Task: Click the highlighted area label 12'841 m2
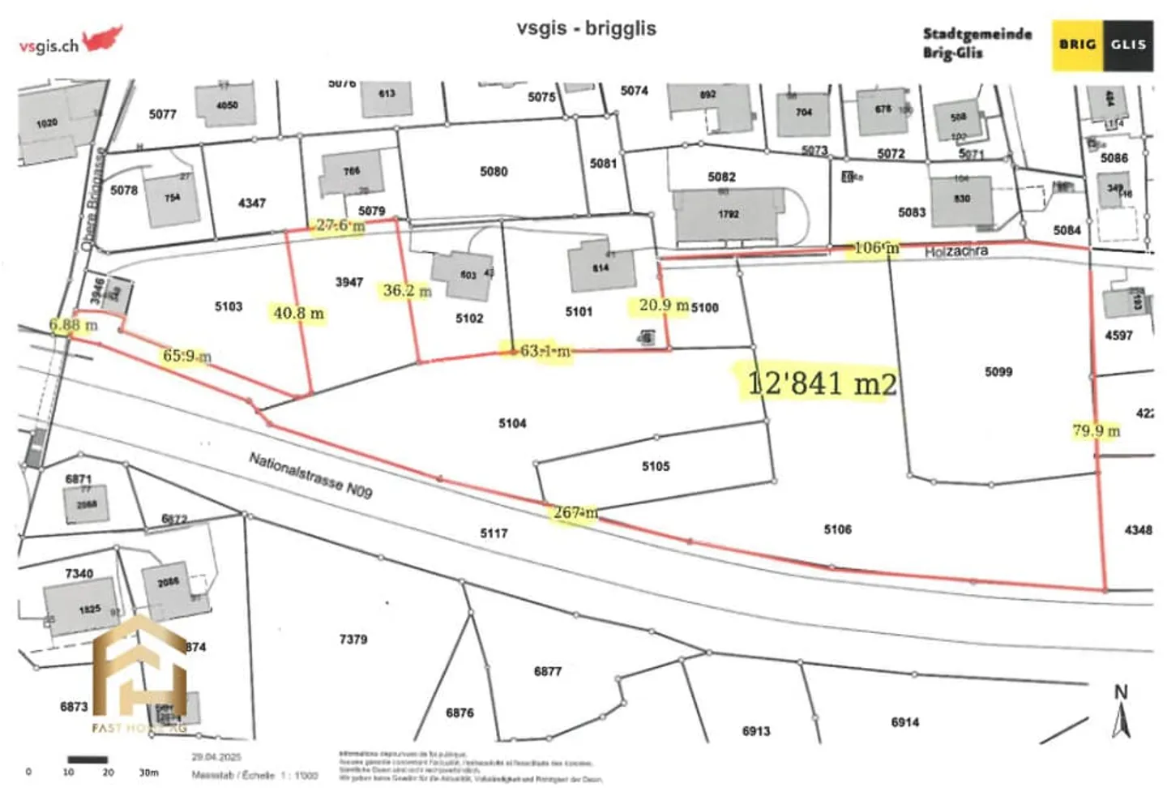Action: coord(820,383)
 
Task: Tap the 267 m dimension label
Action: coord(575,512)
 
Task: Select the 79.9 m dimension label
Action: coord(1096,430)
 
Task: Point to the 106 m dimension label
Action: coord(876,248)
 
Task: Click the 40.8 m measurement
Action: coord(298,313)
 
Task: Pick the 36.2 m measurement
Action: coord(407,290)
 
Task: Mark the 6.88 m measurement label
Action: coord(73,325)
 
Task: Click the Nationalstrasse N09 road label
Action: coord(310,474)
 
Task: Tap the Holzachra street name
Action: coord(956,251)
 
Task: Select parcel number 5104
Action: coord(512,423)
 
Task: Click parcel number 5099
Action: coord(998,372)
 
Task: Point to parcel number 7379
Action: coord(353,640)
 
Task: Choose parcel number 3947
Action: coord(349,282)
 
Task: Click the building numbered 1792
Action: coord(728,214)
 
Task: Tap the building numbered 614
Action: coord(601,267)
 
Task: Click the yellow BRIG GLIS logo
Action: coord(1102,45)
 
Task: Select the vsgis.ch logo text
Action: coord(49,46)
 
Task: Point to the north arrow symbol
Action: coord(1121,713)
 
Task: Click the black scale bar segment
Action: coord(88,760)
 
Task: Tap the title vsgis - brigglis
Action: coord(586,28)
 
